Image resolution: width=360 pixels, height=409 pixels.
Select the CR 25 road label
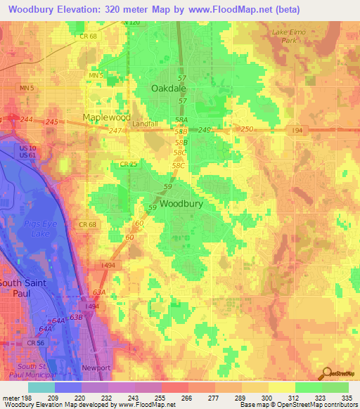[127, 164]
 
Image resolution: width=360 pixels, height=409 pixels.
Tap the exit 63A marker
[98, 291]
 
